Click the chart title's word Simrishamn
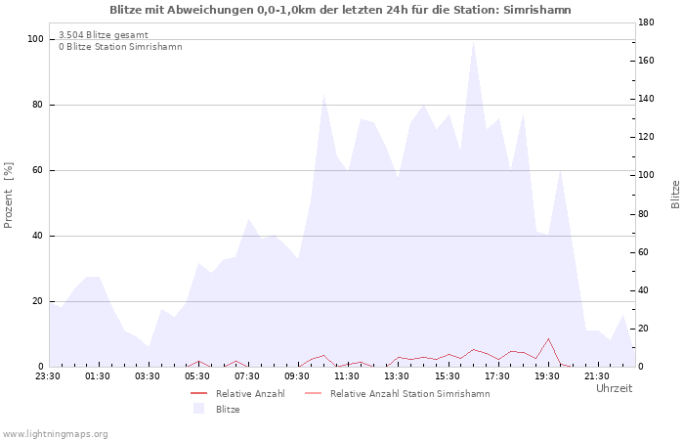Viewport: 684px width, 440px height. (537, 10)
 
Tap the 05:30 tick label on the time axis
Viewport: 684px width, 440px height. (197, 376)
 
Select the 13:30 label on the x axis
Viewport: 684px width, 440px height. (397, 376)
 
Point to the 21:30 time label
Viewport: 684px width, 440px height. (596, 376)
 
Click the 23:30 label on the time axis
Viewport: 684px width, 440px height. (48, 376)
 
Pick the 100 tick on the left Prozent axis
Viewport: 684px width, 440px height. (35, 39)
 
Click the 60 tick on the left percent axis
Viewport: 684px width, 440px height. (37, 170)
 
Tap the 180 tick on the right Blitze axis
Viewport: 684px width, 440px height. (646, 22)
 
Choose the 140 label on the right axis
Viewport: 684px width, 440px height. (646, 99)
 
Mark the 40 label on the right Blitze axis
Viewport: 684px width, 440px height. (644, 290)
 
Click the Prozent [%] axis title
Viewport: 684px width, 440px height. (8, 196)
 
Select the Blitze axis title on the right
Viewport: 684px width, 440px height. (675, 195)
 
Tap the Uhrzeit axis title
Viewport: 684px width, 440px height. (615, 388)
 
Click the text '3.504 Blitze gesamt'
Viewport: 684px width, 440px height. (104, 35)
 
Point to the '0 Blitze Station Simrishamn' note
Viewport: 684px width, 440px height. (120, 47)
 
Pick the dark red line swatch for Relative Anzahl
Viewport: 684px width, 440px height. (198, 394)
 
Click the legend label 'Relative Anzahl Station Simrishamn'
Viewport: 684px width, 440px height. (410, 394)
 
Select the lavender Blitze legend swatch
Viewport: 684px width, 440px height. (198, 409)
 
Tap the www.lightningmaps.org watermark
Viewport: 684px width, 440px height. (54, 434)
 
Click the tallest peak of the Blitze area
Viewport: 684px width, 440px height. (473, 41)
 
